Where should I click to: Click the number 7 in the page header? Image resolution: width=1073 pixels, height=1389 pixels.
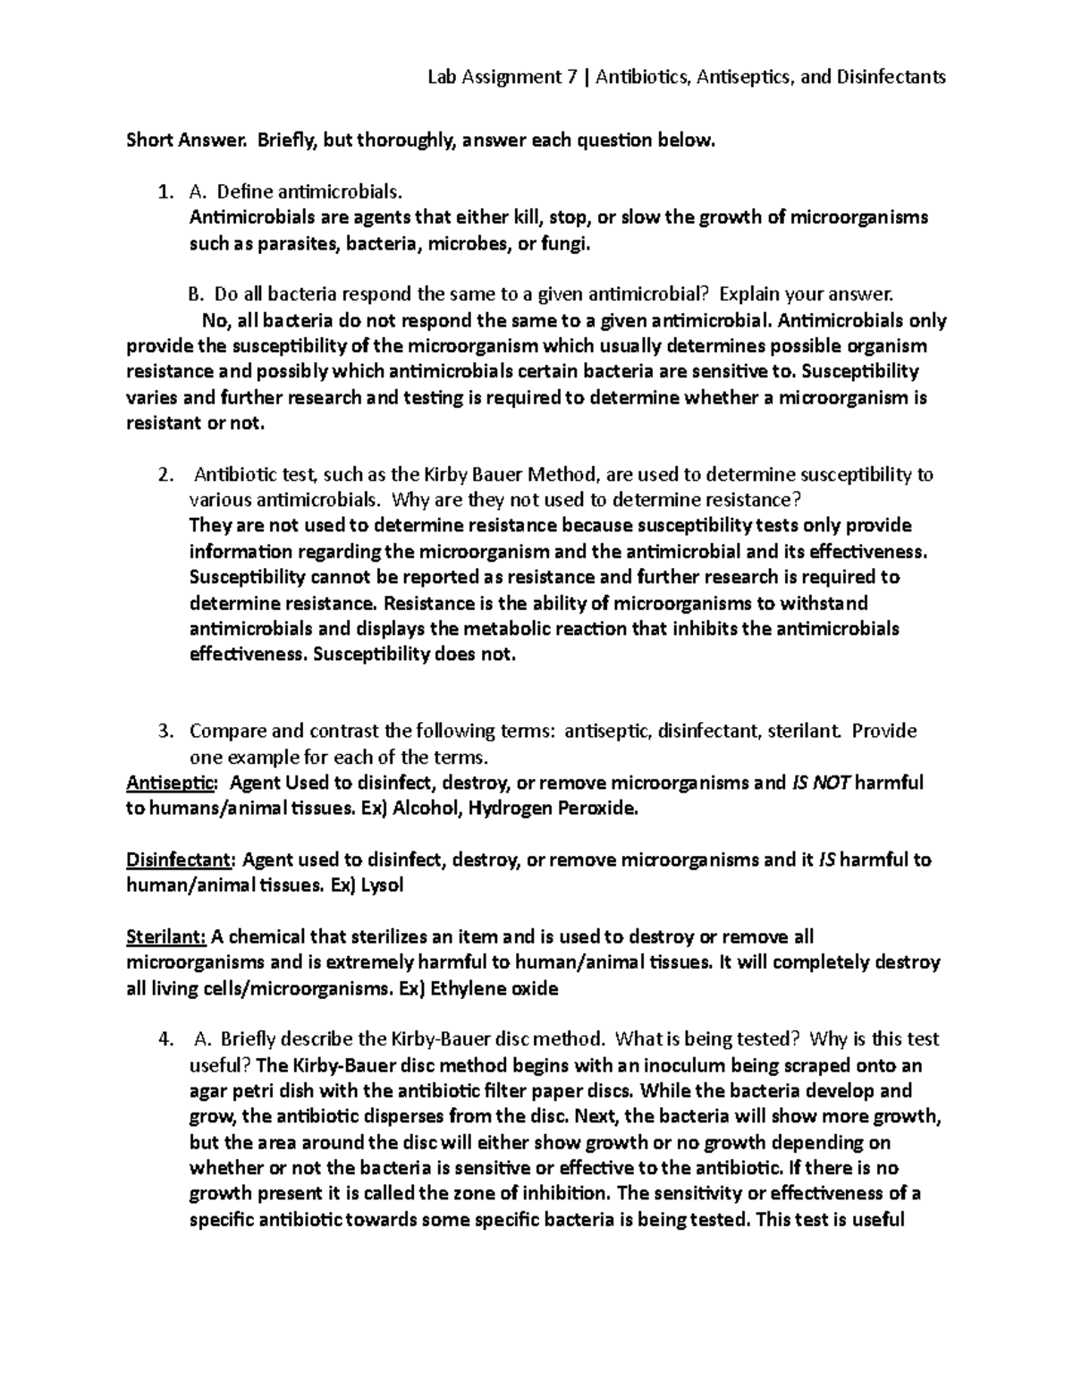tap(571, 77)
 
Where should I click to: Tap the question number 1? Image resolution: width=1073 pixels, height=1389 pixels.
tap(163, 191)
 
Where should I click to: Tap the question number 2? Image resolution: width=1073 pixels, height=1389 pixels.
tap(163, 474)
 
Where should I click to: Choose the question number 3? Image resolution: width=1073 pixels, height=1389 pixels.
tap(163, 732)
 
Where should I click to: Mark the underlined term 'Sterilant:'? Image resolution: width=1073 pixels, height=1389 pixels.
tap(167, 937)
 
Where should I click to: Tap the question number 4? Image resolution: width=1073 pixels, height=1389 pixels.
tap(163, 1039)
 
